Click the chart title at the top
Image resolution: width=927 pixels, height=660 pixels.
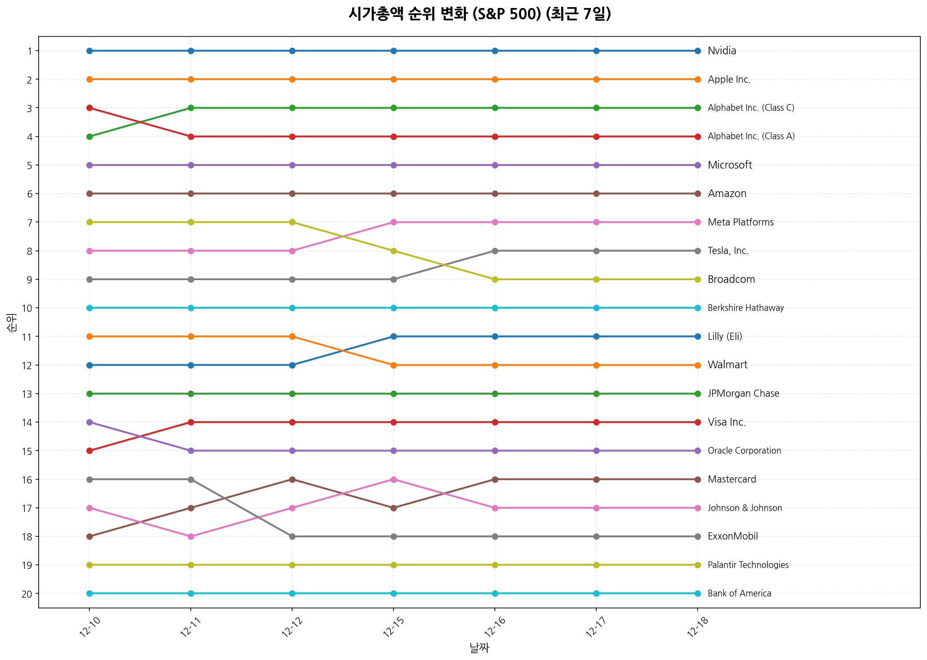click(479, 14)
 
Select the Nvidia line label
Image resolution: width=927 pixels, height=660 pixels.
click(722, 51)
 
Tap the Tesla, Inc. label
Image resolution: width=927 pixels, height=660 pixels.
click(728, 251)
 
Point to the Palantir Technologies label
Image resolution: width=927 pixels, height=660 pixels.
click(748, 565)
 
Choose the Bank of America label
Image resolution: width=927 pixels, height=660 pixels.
click(739, 593)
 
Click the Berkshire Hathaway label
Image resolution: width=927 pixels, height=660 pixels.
click(746, 308)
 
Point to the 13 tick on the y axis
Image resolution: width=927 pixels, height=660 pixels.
click(27, 394)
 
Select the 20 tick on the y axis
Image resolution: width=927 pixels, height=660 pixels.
click(27, 593)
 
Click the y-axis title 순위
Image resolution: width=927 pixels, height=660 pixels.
click(12, 322)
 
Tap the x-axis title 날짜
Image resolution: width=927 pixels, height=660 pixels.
click(479, 648)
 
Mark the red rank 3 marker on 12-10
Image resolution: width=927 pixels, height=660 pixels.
click(89, 108)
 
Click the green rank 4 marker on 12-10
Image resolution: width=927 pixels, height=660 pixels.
click(89, 137)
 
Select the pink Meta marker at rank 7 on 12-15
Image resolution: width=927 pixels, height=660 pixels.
click(393, 222)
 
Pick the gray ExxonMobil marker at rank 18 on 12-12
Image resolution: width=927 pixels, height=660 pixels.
click(292, 536)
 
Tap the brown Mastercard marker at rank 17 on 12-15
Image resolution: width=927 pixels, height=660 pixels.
click(393, 508)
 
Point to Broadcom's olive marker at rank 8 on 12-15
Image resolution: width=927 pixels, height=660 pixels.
click(393, 251)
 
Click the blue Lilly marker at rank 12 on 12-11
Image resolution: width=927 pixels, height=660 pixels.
click(191, 365)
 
